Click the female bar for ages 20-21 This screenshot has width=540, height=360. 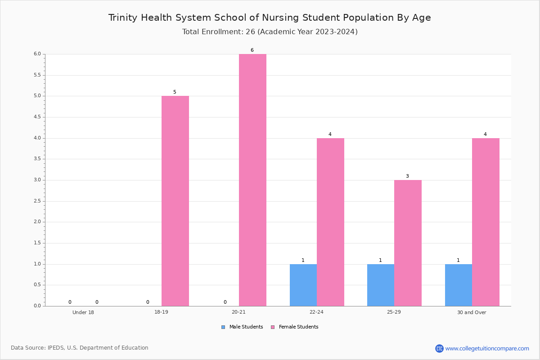click(252, 180)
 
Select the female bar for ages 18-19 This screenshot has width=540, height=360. click(175, 201)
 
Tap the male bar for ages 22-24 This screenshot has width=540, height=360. click(303, 285)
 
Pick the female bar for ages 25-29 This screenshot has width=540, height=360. click(408, 243)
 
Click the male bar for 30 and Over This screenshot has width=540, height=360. click(459, 285)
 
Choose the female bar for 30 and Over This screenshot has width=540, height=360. click(486, 222)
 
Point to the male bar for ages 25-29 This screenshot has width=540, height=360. click(381, 285)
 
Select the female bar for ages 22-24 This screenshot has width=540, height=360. click(330, 222)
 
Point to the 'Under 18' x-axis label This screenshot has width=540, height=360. click(83, 312)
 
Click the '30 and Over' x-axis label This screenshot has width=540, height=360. click(472, 312)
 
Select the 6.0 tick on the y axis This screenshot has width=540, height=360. click(37, 54)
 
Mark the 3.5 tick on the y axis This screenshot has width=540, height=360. click(37, 159)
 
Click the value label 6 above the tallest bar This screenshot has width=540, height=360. click(252, 50)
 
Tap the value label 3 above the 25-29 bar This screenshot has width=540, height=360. click(407, 176)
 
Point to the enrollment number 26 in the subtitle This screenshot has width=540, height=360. click(251, 32)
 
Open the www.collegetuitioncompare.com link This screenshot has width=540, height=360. click(487, 348)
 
